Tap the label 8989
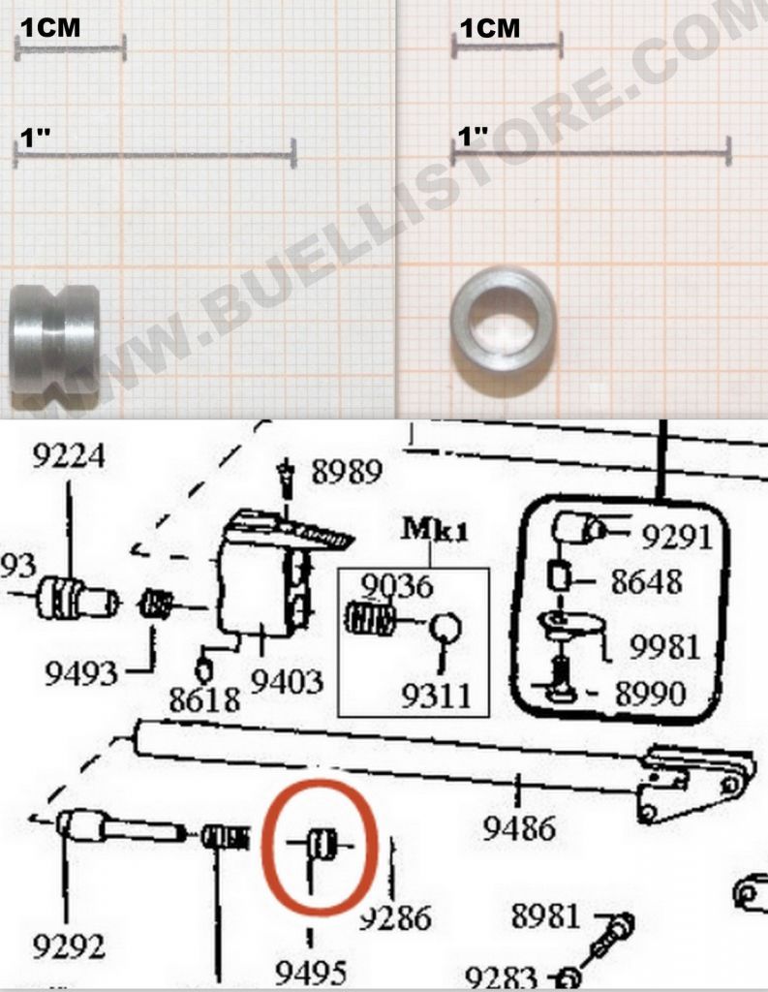346,473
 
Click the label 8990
664,693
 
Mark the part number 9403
287,683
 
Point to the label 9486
521,829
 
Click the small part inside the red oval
320,844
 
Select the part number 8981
545,915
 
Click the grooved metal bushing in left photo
54,339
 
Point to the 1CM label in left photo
50,28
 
